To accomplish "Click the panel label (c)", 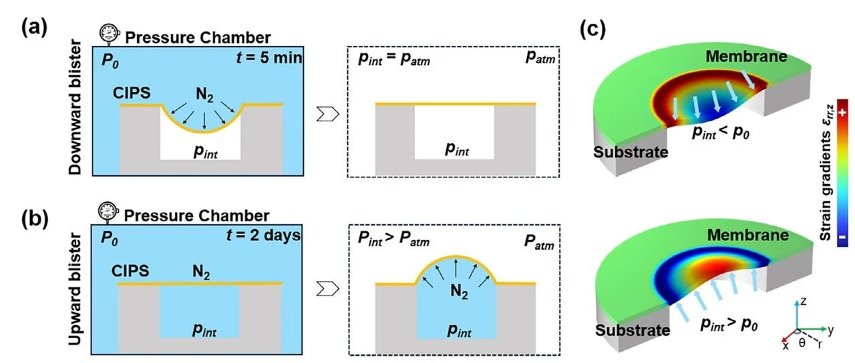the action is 596,31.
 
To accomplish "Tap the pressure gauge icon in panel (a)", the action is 108,33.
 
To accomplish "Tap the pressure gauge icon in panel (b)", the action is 107,212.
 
